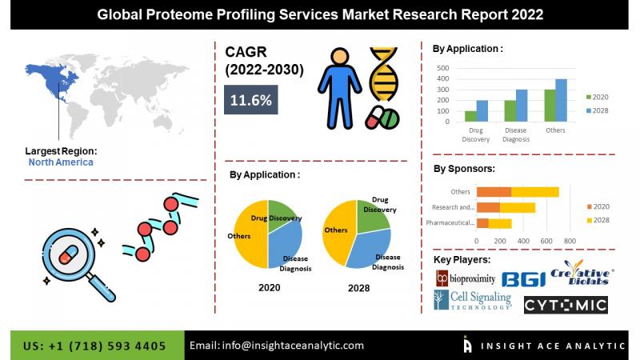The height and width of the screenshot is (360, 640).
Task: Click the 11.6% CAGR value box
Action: [x=250, y=99]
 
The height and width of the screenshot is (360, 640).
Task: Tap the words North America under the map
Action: [x=61, y=162]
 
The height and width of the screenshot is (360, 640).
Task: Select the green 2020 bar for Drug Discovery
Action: [x=470, y=116]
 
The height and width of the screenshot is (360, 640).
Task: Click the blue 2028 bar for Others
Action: [x=562, y=101]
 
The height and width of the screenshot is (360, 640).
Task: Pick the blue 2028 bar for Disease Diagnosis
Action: [x=522, y=106]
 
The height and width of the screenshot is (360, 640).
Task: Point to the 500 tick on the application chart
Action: [x=443, y=68]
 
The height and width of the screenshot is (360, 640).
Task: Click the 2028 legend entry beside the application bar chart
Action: [x=597, y=110]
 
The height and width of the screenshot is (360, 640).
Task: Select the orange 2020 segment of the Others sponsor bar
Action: [x=494, y=192]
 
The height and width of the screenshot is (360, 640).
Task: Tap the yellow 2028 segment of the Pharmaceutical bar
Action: [x=500, y=223]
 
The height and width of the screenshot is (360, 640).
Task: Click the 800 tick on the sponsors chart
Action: [x=570, y=242]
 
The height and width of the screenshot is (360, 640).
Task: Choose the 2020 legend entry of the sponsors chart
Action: [x=598, y=206]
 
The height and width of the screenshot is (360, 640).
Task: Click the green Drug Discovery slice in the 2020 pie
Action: [x=282, y=214]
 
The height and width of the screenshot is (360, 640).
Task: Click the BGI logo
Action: [x=523, y=279]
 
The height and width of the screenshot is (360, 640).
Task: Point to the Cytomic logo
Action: [x=566, y=305]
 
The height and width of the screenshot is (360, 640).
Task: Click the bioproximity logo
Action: [x=466, y=278]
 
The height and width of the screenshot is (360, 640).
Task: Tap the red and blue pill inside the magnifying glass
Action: [x=68, y=254]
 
